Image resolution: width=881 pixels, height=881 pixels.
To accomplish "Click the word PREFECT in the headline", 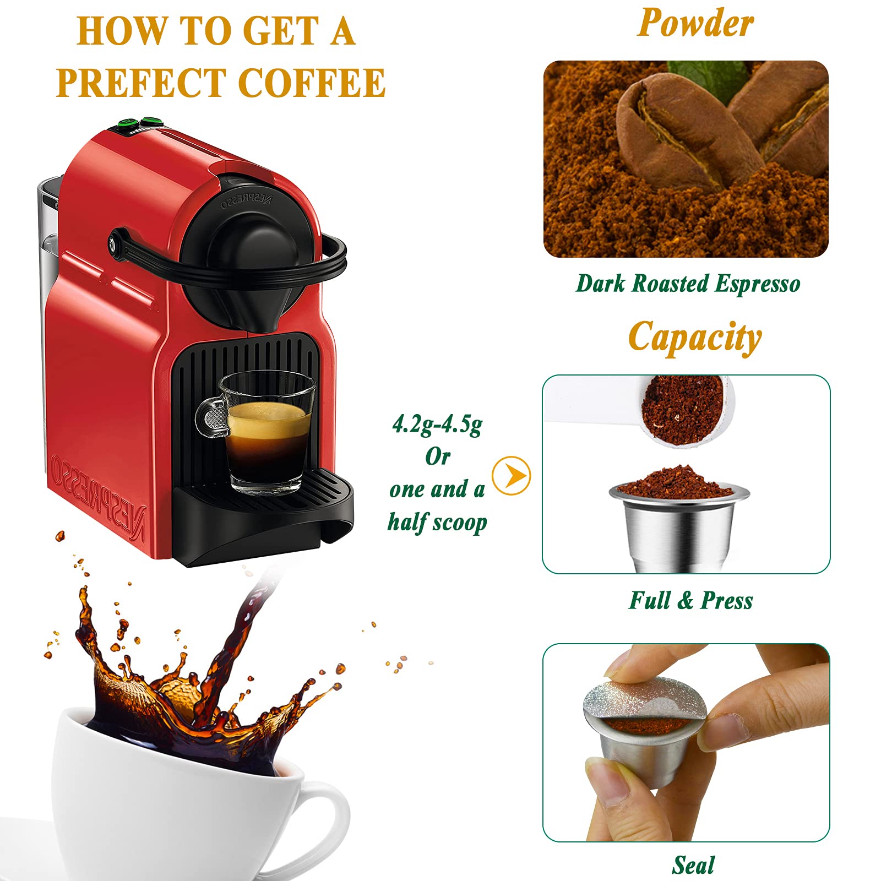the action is [141, 83].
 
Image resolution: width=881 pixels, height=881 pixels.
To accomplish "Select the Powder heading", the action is [695, 23].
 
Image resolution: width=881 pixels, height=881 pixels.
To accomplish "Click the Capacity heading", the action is [695, 338].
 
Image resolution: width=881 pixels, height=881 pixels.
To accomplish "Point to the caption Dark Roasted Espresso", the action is [688, 284].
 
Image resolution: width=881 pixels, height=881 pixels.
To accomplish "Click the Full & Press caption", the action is [691, 600].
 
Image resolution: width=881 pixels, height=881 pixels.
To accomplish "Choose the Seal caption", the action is [693, 864].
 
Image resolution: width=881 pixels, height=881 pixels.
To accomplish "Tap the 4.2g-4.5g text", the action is [437, 425].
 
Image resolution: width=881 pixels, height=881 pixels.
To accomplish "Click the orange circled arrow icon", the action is [511, 475].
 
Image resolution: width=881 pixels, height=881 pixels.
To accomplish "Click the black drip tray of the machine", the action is [263, 515].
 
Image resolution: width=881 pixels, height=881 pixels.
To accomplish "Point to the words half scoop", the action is [437, 522].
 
